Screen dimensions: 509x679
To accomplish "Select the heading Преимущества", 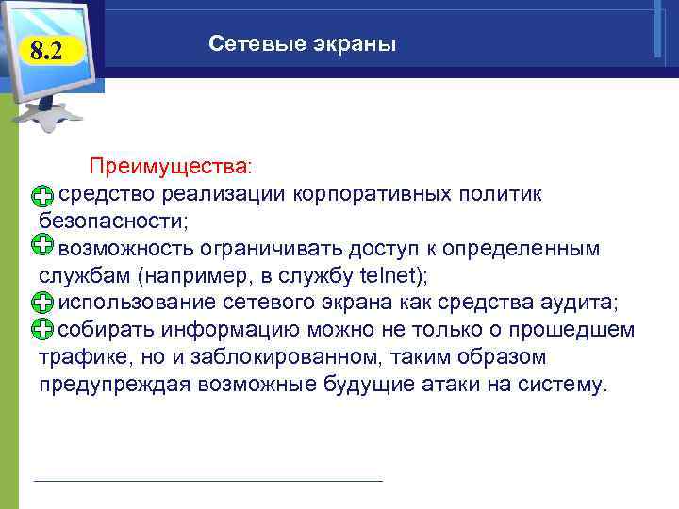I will click(171, 167).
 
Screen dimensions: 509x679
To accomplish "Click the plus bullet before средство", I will click(41, 196).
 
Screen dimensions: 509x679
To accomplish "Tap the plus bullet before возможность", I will click(41, 247).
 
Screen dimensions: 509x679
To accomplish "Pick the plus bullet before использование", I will click(41, 304).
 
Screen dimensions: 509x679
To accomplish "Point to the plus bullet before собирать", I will click(41, 330).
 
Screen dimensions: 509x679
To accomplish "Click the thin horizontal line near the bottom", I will click(207, 481).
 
